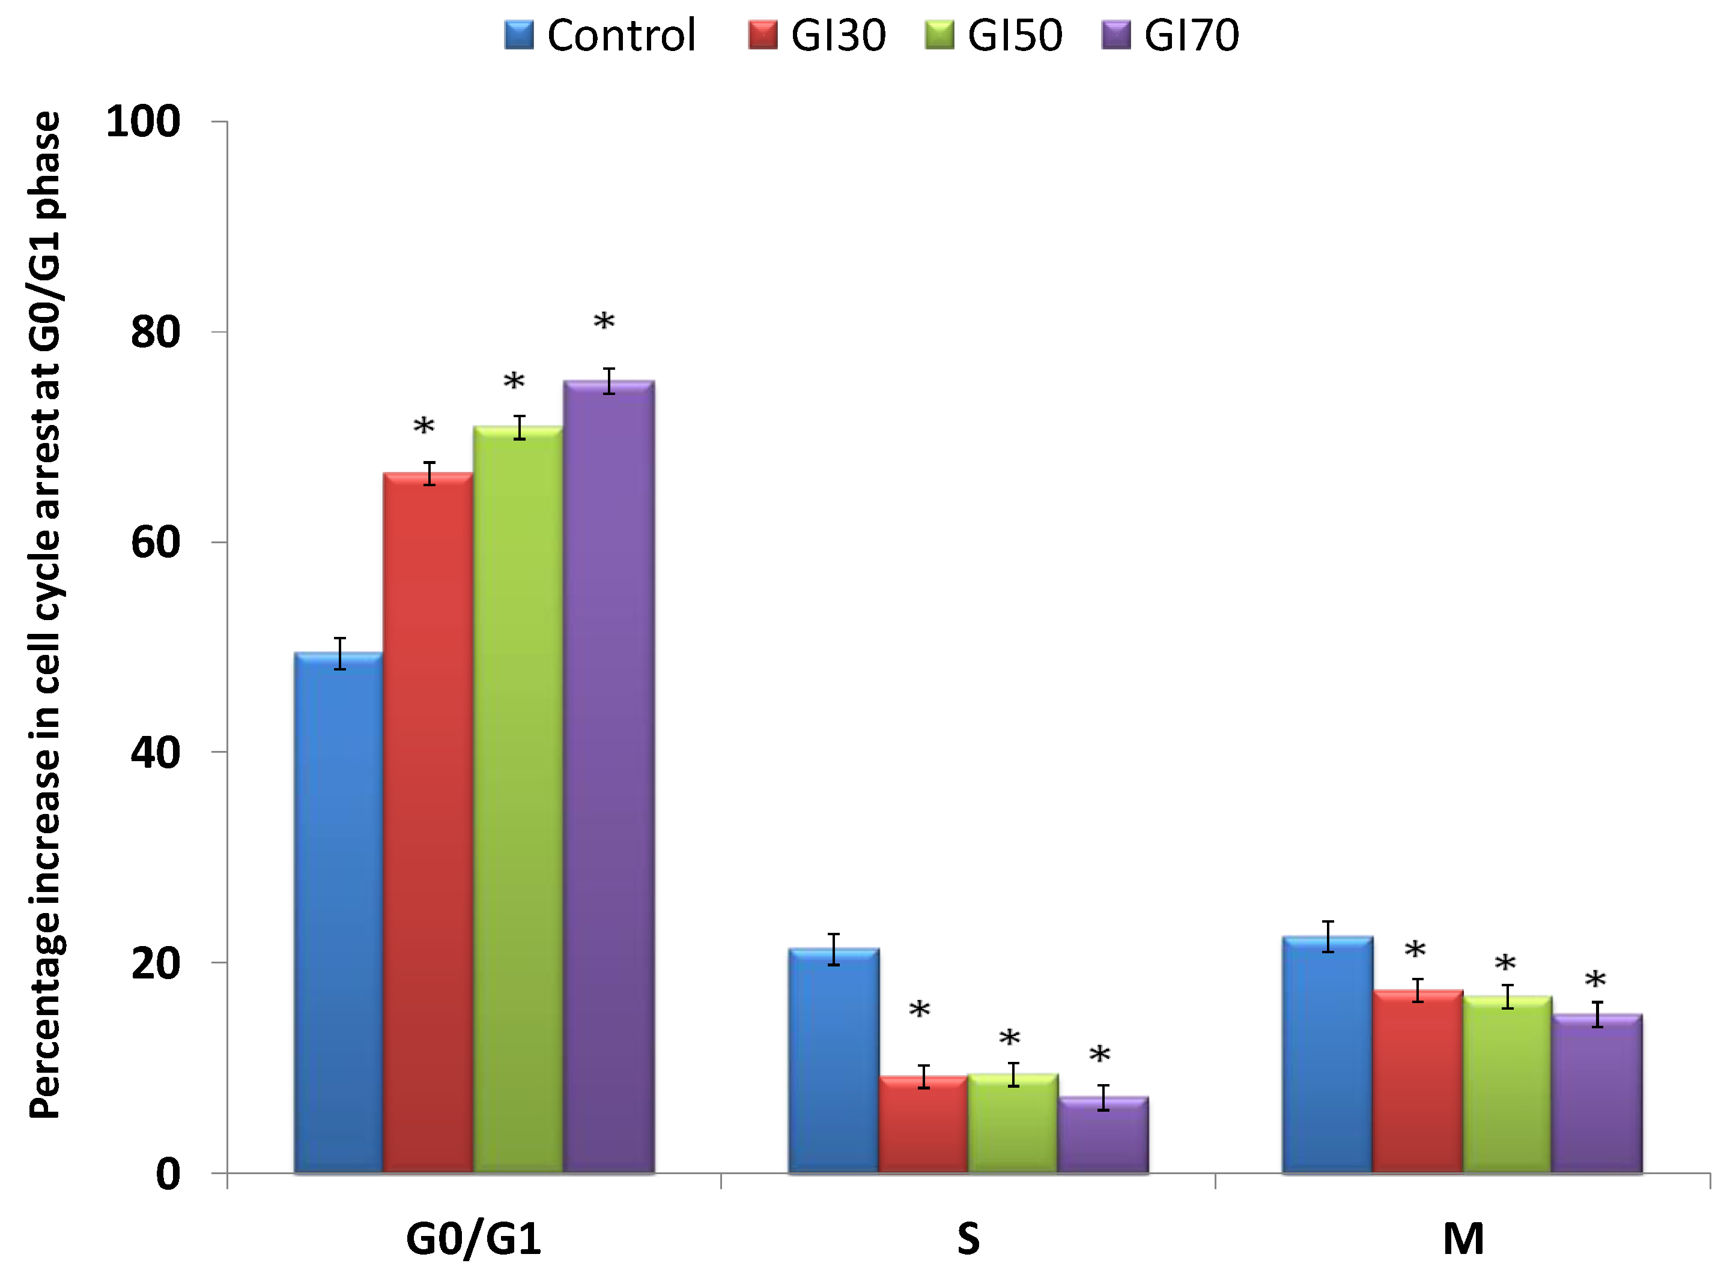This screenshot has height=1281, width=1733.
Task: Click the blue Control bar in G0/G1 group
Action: (338, 915)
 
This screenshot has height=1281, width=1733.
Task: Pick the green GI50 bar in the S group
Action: (1013, 1124)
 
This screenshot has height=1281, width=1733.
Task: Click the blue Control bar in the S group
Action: (833, 1062)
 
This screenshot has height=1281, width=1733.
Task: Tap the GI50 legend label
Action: (1015, 35)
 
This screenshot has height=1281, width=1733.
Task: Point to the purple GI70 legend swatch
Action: (1116, 35)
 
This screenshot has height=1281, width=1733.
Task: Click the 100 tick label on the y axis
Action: (143, 122)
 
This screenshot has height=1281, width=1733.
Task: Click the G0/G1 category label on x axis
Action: (473, 1239)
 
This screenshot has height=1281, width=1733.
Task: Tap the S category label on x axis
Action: (968, 1239)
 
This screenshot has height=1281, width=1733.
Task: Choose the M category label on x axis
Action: (1463, 1239)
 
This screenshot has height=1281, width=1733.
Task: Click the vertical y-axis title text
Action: (45, 612)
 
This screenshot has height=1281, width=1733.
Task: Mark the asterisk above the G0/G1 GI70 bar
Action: (604, 322)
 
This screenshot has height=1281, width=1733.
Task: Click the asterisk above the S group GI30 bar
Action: (919, 1010)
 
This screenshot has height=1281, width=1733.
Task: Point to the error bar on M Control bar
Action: (1328, 936)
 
